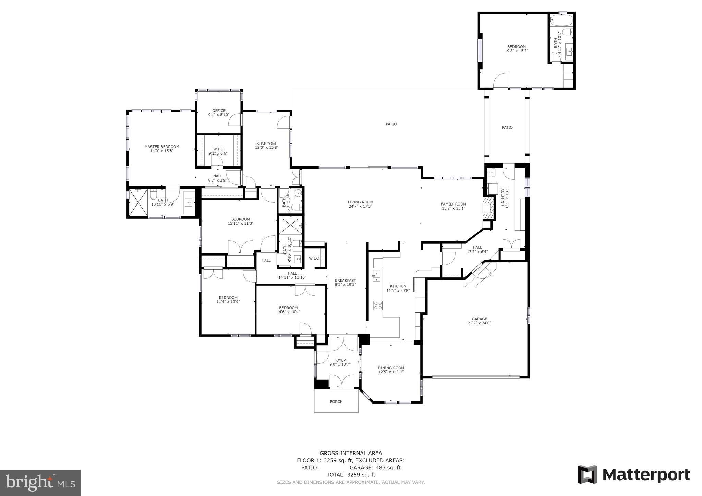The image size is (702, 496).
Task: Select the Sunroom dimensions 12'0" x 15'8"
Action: pyautogui.click(x=266, y=148)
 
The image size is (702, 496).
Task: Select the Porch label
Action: pyautogui.click(x=336, y=402)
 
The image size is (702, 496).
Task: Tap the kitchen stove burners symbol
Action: pyautogui.click(x=378, y=305)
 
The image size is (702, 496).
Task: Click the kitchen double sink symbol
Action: pyautogui.click(x=376, y=275)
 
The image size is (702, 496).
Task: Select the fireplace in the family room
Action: pyautogui.click(x=488, y=208)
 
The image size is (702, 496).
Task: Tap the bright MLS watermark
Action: pyautogui.click(x=40, y=483)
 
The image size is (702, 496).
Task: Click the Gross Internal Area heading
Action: pyautogui.click(x=351, y=453)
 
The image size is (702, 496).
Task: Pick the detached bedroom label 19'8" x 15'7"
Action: pyautogui.click(x=516, y=51)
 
